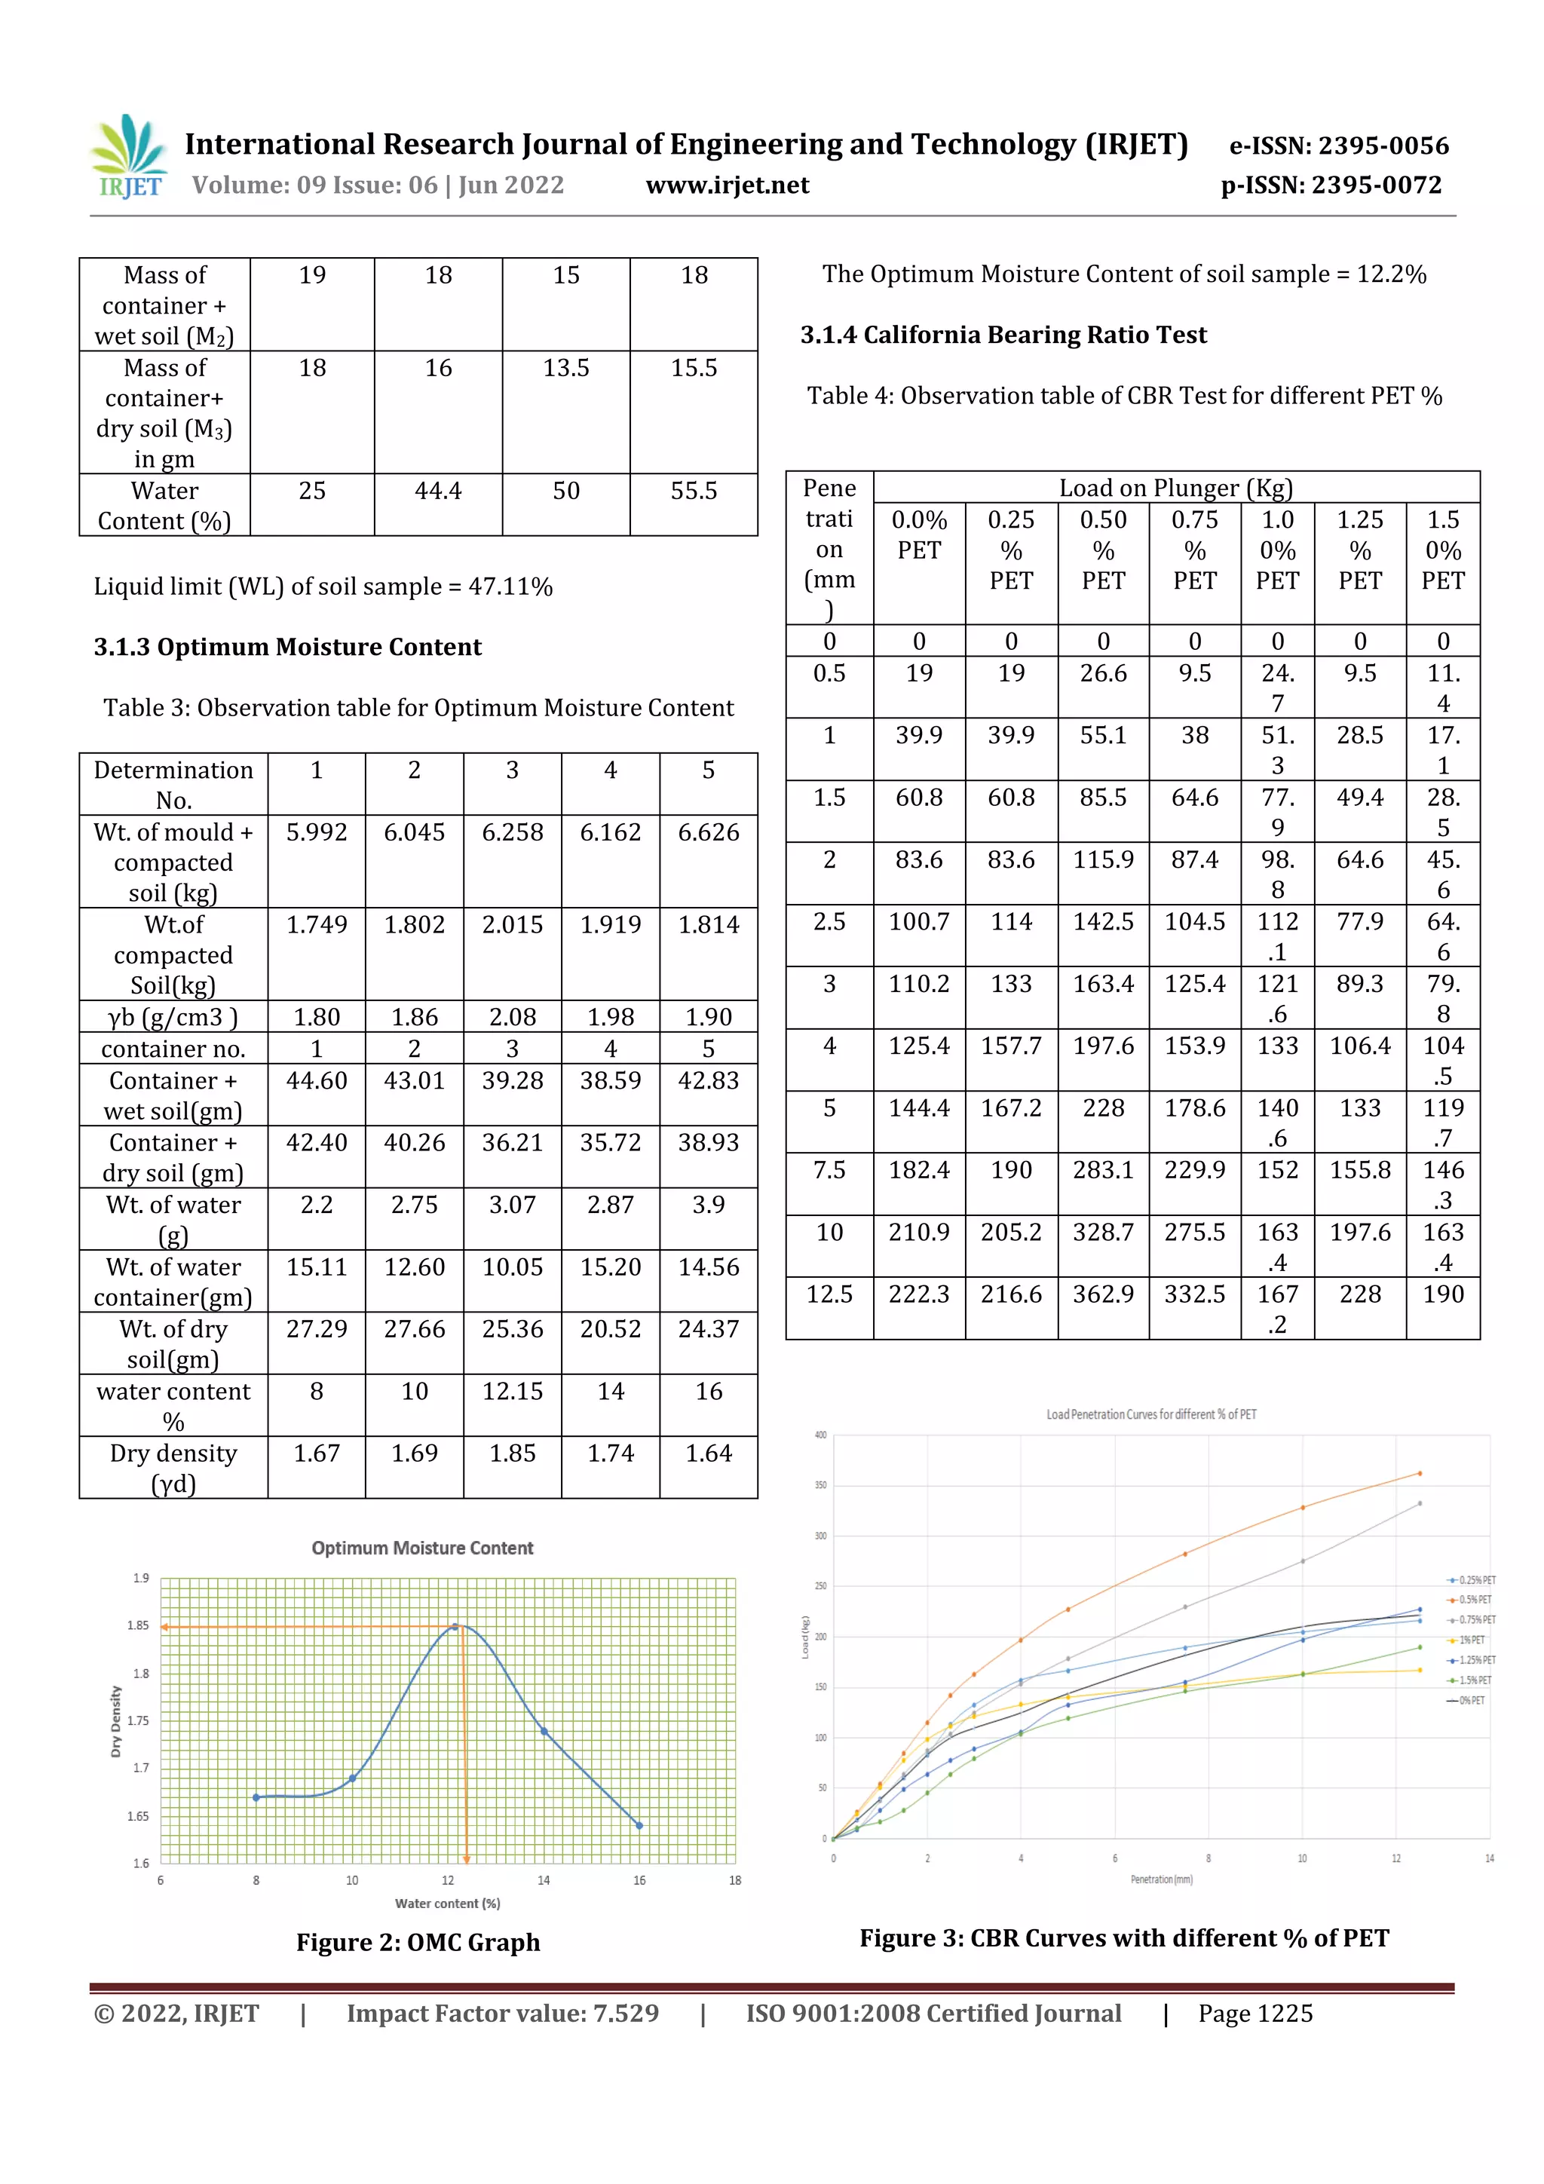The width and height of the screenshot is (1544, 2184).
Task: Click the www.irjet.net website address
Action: pyautogui.click(x=727, y=185)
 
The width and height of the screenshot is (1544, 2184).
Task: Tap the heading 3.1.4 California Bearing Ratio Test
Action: pyautogui.click(x=1003, y=335)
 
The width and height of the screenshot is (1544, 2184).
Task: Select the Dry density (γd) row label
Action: pyautogui.click(x=173, y=1468)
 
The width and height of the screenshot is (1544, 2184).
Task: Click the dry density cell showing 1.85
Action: pyautogui.click(x=512, y=1453)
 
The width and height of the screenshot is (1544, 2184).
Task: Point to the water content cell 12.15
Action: pyautogui.click(x=512, y=1392)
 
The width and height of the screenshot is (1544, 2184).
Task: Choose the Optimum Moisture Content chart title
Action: pyautogui.click(x=422, y=1548)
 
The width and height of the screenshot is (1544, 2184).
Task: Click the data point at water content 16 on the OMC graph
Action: pyautogui.click(x=639, y=1825)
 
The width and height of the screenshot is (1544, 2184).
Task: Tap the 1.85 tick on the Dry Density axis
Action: pyautogui.click(x=139, y=1625)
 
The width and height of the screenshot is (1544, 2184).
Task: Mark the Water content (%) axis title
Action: pyautogui.click(x=447, y=1904)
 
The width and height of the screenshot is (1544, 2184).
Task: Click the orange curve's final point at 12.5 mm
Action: pyautogui.click(x=1420, y=1473)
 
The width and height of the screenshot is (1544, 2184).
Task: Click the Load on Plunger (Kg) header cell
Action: pyautogui.click(x=1176, y=488)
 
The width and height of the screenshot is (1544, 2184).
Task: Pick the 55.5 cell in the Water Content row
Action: pyautogui.click(x=694, y=491)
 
